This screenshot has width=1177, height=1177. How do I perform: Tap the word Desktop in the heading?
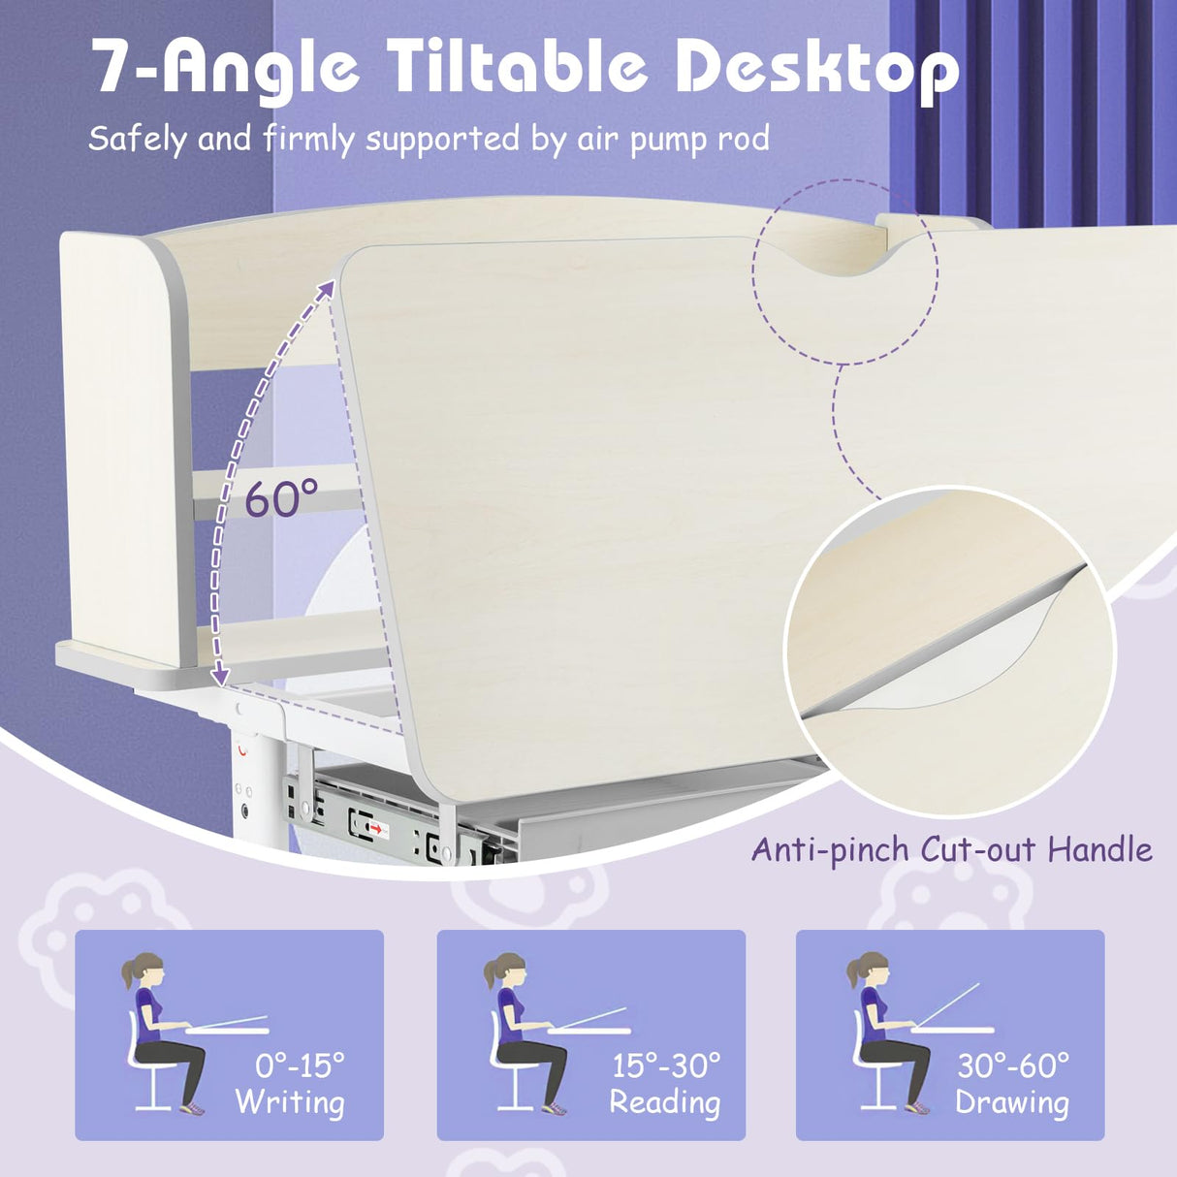[x=816, y=68]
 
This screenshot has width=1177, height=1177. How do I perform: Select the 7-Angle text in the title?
[x=225, y=68]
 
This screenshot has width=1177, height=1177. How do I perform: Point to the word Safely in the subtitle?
[x=137, y=140]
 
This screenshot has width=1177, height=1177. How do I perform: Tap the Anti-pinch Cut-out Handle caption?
[x=951, y=850]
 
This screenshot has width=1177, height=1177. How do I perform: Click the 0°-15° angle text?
[x=300, y=1066]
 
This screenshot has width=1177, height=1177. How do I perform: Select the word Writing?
[x=290, y=1102]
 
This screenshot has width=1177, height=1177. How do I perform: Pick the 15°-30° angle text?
[x=666, y=1066]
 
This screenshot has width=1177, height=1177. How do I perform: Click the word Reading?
[x=664, y=1102]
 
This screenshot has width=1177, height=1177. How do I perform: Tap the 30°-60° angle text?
[x=1013, y=1066]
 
